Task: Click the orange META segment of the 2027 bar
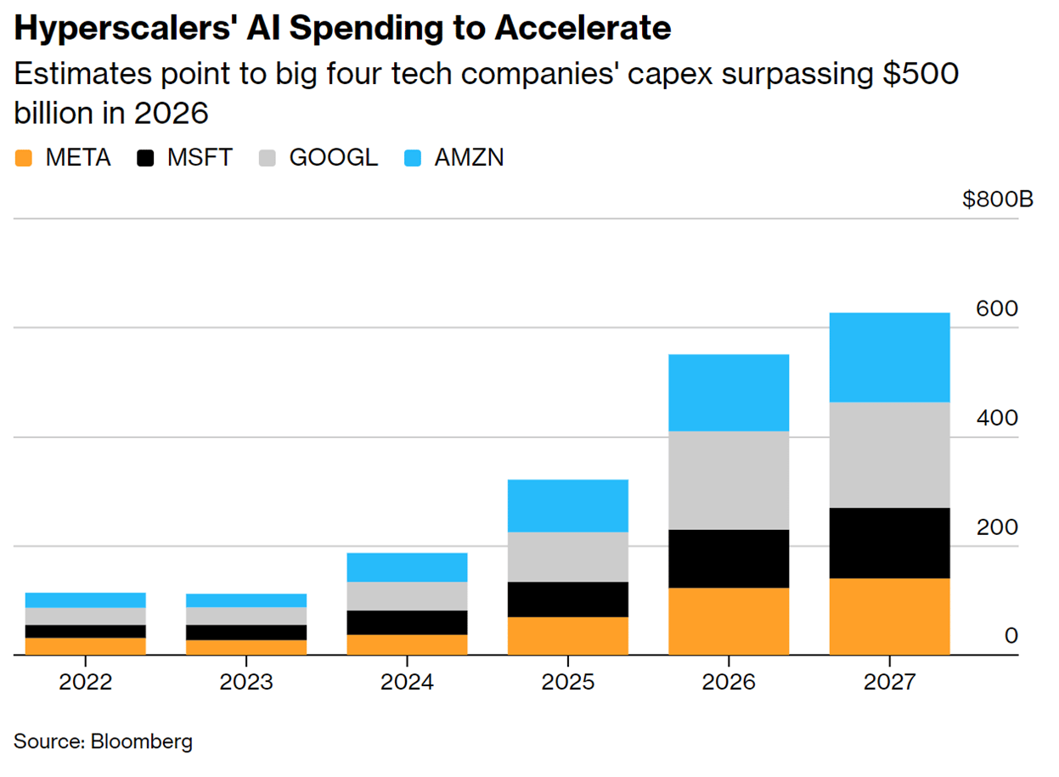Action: pyautogui.click(x=889, y=617)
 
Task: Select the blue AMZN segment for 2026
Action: pyautogui.click(x=729, y=392)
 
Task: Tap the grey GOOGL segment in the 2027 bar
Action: pyautogui.click(x=889, y=454)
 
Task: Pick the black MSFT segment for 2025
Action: pyautogui.click(x=567, y=600)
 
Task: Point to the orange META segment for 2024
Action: pyautogui.click(x=407, y=645)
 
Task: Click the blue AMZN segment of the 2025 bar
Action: pyautogui.click(x=567, y=505)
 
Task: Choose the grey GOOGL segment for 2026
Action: pyautogui.click(x=729, y=480)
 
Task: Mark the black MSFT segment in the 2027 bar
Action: pyautogui.click(x=889, y=543)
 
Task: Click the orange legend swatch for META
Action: pyautogui.click(x=24, y=158)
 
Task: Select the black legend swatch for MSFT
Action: pyautogui.click(x=146, y=158)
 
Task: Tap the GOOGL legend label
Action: pyautogui.click(x=333, y=158)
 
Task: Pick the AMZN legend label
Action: pyautogui.click(x=469, y=158)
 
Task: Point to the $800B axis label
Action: pyautogui.click(x=997, y=200)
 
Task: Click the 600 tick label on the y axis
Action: pyautogui.click(x=996, y=309)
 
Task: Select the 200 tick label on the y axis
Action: pyautogui.click(x=996, y=527)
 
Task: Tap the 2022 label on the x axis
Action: pyautogui.click(x=85, y=682)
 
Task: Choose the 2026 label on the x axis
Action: pyautogui.click(x=729, y=682)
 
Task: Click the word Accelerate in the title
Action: pyautogui.click(x=583, y=30)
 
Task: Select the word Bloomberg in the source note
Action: pyautogui.click(x=140, y=741)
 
